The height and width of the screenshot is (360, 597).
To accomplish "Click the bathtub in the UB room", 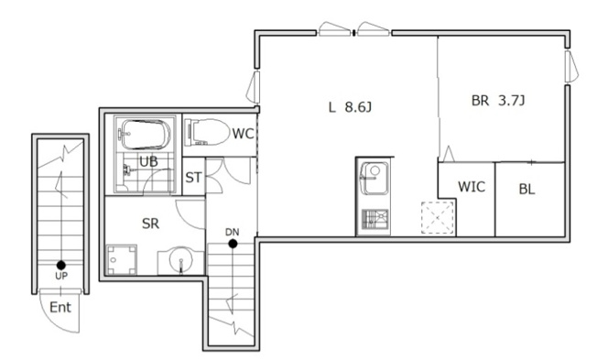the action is click(x=145, y=135).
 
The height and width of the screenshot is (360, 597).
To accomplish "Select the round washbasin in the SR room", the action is click(x=181, y=261).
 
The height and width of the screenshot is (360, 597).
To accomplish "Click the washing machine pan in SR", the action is click(x=122, y=260).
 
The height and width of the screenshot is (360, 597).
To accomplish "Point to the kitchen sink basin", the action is click(x=374, y=178).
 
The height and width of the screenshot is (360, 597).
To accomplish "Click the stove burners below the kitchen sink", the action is click(x=375, y=220).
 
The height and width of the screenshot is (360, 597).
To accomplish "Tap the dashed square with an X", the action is click(x=438, y=217).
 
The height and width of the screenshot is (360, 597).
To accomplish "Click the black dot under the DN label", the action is click(x=233, y=244).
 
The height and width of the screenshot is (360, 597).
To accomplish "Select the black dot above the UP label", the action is click(x=61, y=265).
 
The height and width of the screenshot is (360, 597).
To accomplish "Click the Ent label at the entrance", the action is click(x=60, y=307).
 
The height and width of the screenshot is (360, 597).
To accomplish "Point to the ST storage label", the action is click(x=193, y=178).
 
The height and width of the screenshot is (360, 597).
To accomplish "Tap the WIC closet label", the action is click(x=472, y=187).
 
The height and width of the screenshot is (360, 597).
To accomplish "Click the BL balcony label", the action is click(x=526, y=189).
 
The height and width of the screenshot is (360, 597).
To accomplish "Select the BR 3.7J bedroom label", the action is click(x=498, y=101).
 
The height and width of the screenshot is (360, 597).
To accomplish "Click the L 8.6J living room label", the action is click(x=350, y=107).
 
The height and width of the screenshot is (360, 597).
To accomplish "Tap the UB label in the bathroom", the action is click(x=148, y=161).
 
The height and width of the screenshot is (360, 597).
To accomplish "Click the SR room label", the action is click(x=150, y=224).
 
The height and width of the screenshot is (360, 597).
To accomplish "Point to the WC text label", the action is click(x=243, y=134).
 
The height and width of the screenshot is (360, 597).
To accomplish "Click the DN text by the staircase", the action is click(x=233, y=232).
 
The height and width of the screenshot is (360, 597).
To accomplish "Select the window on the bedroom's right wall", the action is click(x=570, y=67).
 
